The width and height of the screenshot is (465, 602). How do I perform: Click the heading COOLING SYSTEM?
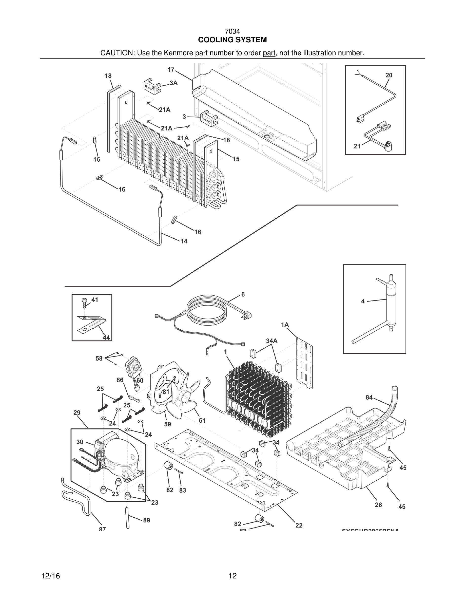tap(232, 40)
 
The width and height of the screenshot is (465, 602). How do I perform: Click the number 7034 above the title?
tap(232, 32)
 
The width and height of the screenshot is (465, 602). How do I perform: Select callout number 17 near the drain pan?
tap(171, 70)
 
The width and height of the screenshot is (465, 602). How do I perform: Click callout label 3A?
tap(173, 83)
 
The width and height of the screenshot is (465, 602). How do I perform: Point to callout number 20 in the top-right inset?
tap(389, 75)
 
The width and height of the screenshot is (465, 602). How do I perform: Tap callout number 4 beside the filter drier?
tap(363, 302)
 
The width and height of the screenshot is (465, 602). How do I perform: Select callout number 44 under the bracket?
tap(106, 337)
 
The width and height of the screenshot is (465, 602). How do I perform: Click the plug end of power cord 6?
tap(248, 314)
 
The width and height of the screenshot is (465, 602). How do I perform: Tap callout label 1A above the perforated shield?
tap(285, 325)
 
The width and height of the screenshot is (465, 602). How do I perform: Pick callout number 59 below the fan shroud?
tap(167, 424)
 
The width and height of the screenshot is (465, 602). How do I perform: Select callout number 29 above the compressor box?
tap(77, 413)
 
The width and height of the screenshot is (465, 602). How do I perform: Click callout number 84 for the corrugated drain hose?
tap(369, 398)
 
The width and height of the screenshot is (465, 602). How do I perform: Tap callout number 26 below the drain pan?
tap(378, 505)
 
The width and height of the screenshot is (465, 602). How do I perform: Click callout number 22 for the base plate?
tap(299, 525)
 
